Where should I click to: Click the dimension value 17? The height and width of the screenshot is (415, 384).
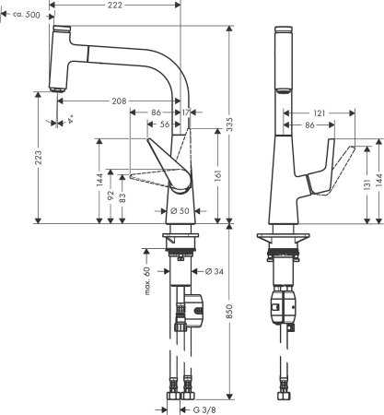coord(188,113)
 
